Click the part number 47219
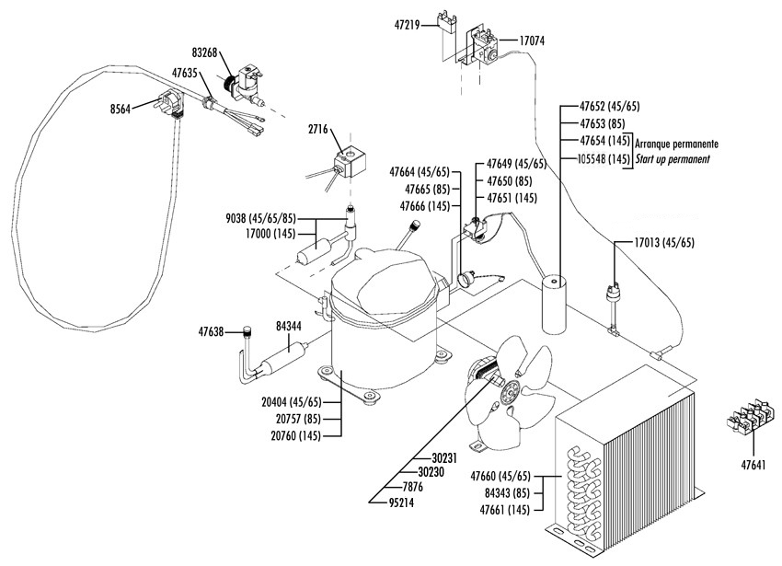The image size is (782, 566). (x=408, y=25)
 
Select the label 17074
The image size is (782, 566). (x=532, y=40)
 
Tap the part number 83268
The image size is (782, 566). (x=204, y=52)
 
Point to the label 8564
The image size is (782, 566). (x=121, y=110)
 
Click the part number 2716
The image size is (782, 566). (x=318, y=130)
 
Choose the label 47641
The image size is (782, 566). (x=753, y=466)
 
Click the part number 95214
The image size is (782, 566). (x=401, y=503)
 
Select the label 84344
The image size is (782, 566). (x=289, y=327)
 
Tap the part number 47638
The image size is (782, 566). (x=211, y=331)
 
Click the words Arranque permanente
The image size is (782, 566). (x=677, y=144)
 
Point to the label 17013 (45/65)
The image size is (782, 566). (x=664, y=243)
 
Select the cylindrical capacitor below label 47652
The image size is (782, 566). (x=555, y=305)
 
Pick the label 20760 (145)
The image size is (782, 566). (x=295, y=435)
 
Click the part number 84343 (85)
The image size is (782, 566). (x=507, y=493)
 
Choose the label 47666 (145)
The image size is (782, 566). (x=425, y=205)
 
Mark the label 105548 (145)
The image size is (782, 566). (x=604, y=159)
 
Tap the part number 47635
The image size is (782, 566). (x=186, y=73)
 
